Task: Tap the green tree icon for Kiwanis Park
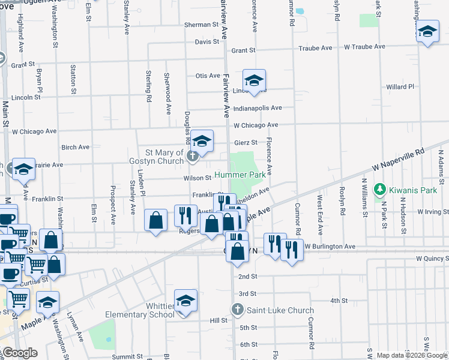379,190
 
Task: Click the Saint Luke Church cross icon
237,310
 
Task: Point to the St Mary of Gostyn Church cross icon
193,157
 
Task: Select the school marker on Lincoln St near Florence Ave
254,80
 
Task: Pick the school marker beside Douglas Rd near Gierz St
202,141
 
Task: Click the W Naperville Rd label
398,160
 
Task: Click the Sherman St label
200,25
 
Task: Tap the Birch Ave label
75,147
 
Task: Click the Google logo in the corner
20,352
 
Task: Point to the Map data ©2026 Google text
411,355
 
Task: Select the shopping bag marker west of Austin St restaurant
156,220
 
